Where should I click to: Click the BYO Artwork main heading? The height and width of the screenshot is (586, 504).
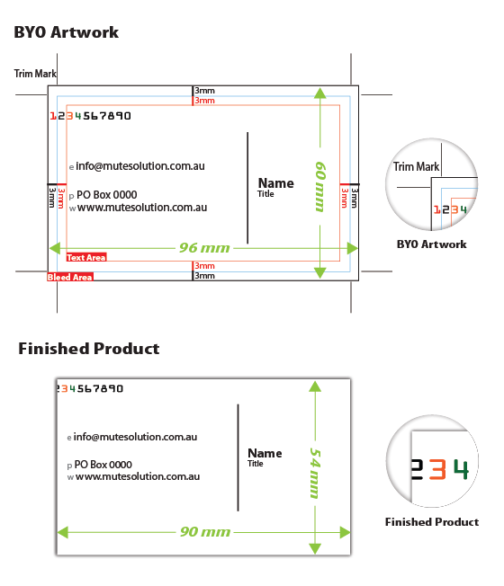[67, 32]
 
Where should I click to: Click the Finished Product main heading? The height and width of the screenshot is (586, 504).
[89, 349]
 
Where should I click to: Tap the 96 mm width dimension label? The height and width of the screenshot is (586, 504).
[204, 248]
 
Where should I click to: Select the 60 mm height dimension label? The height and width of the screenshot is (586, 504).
[320, 186]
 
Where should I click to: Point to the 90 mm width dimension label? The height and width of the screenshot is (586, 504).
[205, 532]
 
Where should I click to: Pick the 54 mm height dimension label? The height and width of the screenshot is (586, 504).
[315, 473]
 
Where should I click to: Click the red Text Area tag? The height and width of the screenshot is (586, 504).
[86, 257]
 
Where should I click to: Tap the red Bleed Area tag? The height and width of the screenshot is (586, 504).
[70, 277]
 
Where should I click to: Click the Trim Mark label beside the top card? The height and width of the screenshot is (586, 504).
[35, 74]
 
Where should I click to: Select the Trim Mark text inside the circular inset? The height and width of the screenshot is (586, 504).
[416, 166]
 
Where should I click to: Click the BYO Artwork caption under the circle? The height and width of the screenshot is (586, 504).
[431, 244]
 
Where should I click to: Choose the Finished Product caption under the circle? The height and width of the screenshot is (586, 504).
[432, 522]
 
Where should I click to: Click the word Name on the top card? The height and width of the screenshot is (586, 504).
[276, 183]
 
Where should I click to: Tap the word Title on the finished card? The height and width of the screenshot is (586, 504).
[256, 464]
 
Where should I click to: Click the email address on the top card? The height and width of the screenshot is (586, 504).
[140, 166]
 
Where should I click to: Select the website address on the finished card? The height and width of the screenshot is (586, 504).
[138, 476]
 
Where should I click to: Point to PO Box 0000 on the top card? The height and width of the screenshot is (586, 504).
[106, 195]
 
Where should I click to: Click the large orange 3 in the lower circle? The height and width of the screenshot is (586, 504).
[437, 469]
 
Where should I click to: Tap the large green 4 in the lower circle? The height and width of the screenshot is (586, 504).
[461, 469]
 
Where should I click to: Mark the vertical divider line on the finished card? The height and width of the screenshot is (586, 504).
[238, 457]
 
